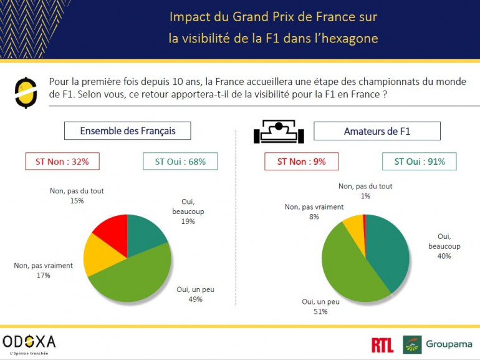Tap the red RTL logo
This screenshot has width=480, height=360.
click(382, 344)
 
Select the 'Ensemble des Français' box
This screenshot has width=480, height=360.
click(127, 131)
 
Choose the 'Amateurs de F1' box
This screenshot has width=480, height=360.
click(377, 131)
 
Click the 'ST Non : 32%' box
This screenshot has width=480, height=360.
click(62, 162)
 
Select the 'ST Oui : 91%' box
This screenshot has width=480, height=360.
click(419, 162)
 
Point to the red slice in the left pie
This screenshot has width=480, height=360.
click(112, 228)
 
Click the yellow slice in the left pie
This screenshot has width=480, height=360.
click(100, 256)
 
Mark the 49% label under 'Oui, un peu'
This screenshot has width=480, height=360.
click(196, 299)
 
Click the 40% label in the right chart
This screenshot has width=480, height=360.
click(444, 256)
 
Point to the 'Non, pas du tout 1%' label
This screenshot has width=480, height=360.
click(365, 191)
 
